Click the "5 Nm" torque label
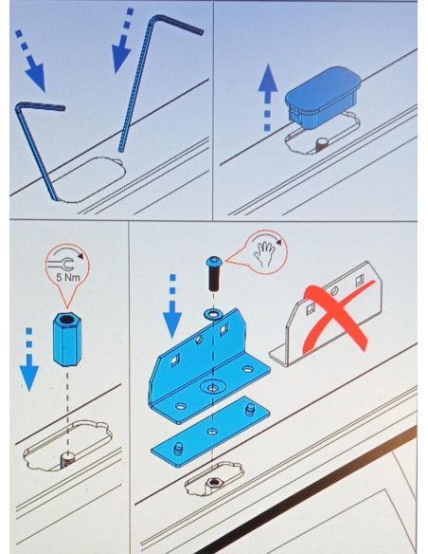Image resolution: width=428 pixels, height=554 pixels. point(68,277)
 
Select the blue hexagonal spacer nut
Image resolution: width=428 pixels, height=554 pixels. point(66,340)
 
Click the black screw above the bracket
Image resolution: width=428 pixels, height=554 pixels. point(214,273)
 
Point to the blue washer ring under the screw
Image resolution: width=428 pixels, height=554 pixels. point(212,314)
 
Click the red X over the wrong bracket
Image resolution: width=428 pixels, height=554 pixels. point(338,318)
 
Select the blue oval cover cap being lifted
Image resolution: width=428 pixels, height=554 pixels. point(323,97)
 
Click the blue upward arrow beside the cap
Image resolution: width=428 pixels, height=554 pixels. point(268,97)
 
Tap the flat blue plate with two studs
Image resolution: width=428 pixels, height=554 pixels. point(210,432)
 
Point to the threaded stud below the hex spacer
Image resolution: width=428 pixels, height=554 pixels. point(66,461)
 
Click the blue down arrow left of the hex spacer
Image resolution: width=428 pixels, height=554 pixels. point(29,360)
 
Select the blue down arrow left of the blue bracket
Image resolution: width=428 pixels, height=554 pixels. point(172,306)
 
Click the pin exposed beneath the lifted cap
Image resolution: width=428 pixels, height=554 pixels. point(322,144)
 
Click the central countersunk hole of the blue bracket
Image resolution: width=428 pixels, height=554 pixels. point(211,388)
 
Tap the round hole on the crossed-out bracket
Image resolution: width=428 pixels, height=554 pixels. point(334,291)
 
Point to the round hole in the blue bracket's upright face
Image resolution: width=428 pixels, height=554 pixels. point(199,340)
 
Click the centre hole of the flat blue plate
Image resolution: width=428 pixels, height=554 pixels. point(211,432)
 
